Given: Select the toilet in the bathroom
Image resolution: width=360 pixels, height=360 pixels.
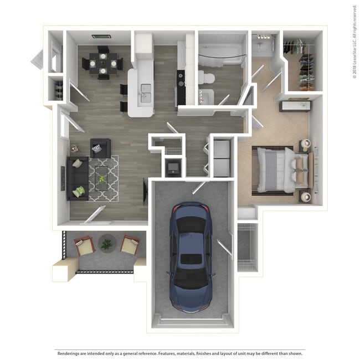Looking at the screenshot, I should [x=207, y=78].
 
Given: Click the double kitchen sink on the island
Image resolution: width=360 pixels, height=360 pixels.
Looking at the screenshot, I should [x=146, y=88].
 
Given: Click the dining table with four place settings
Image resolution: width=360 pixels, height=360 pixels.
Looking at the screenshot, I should [x=103, y=63].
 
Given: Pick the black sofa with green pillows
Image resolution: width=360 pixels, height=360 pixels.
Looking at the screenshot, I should [x=77, y=178].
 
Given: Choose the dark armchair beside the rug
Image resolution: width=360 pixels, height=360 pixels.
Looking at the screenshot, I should [x=100, y=148].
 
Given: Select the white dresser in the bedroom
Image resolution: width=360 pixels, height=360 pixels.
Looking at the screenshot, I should [x=294, y=105].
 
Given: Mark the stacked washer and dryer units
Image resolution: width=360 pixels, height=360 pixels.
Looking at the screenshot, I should [x=222, y=158].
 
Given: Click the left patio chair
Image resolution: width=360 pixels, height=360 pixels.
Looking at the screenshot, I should [x=84, y=245].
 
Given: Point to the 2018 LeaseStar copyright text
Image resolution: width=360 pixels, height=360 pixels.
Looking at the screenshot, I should [x=354, y=42].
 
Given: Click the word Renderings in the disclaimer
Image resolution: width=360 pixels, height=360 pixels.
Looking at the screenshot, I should [x=69, y=353].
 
